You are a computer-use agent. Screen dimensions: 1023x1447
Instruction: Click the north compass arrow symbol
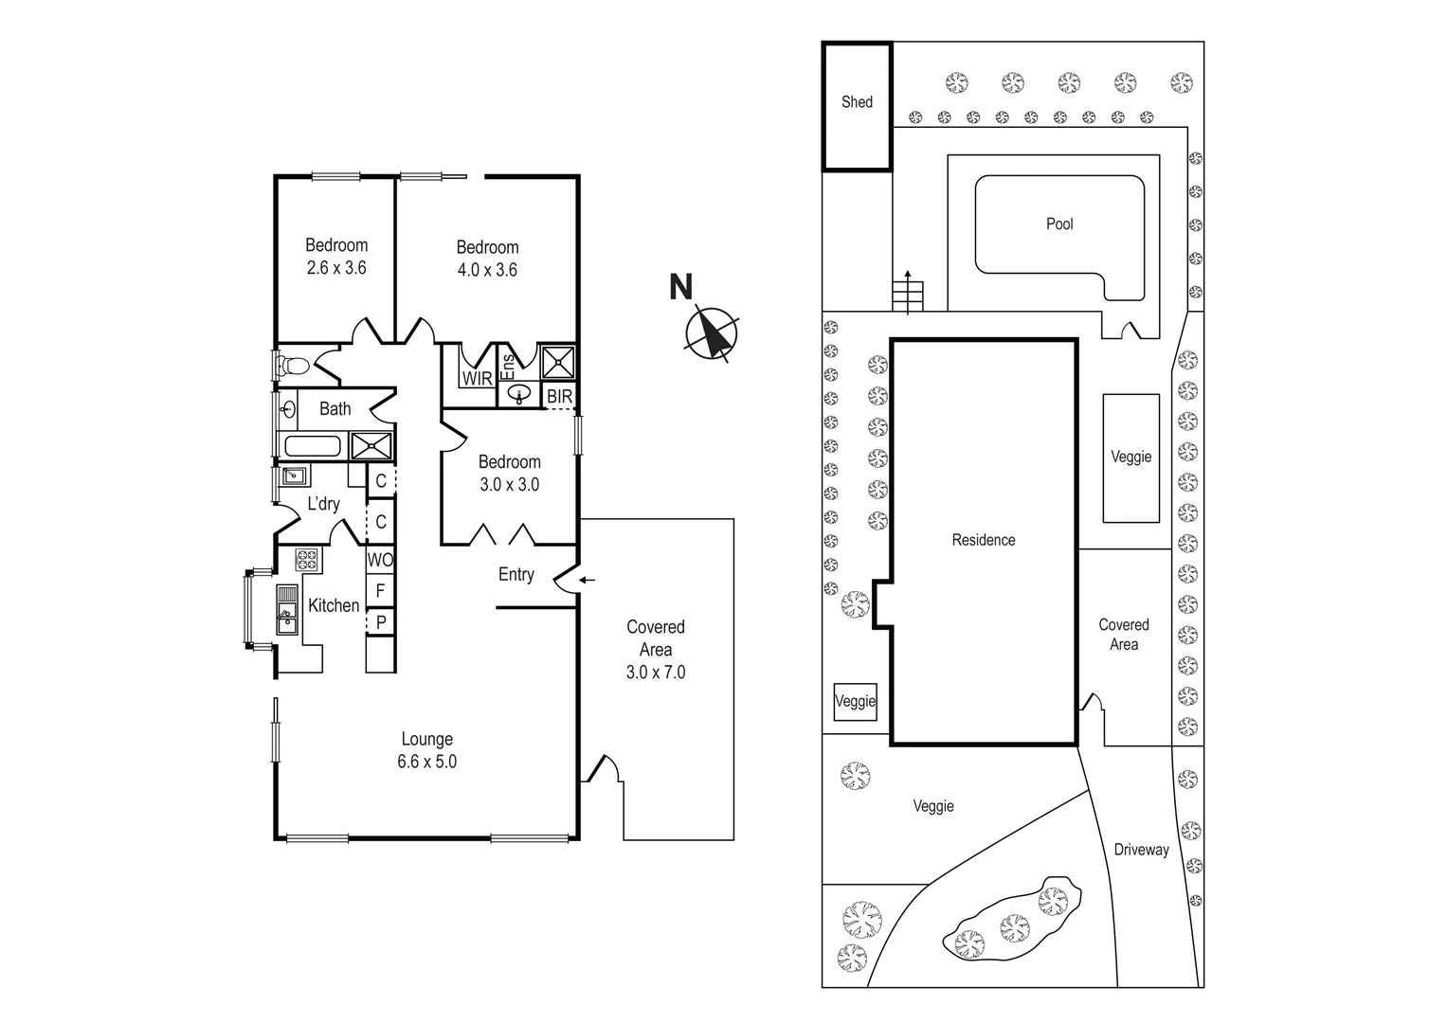click(712, 334)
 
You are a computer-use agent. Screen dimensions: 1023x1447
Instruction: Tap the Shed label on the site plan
click(857, 102)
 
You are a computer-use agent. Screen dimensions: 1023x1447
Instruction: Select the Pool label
click(1059, 224)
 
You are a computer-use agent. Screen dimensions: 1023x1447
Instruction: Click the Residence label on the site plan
click(983, 540)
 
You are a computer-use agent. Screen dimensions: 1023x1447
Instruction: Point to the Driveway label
click(1141, 851)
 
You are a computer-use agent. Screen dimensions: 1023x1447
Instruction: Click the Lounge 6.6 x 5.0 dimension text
click(426, 762)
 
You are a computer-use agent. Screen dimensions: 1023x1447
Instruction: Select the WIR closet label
click(477, 379)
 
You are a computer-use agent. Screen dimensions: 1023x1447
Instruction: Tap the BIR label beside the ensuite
click(559, 397)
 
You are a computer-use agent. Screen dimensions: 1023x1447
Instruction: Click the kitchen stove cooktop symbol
click(307, 560)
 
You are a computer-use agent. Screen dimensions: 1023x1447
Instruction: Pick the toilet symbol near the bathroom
click(293, 365)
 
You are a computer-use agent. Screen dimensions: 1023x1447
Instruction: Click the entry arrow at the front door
click(588, 580)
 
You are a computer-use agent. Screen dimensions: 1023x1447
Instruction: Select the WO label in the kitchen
click(380, 560)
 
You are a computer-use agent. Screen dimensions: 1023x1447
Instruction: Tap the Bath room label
click(335, 409)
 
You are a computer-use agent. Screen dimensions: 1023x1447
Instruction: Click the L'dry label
click(323, 504)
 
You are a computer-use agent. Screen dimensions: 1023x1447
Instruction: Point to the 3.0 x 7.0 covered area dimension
click(655, 673)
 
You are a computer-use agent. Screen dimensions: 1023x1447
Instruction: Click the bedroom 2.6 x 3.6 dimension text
click(335, 268)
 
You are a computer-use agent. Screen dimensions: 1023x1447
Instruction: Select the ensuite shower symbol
click(558, 362)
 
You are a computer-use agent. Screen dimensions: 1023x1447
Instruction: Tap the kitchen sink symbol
click(287, 609)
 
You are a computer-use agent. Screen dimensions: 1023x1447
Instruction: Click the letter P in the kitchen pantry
click(381, 622)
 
